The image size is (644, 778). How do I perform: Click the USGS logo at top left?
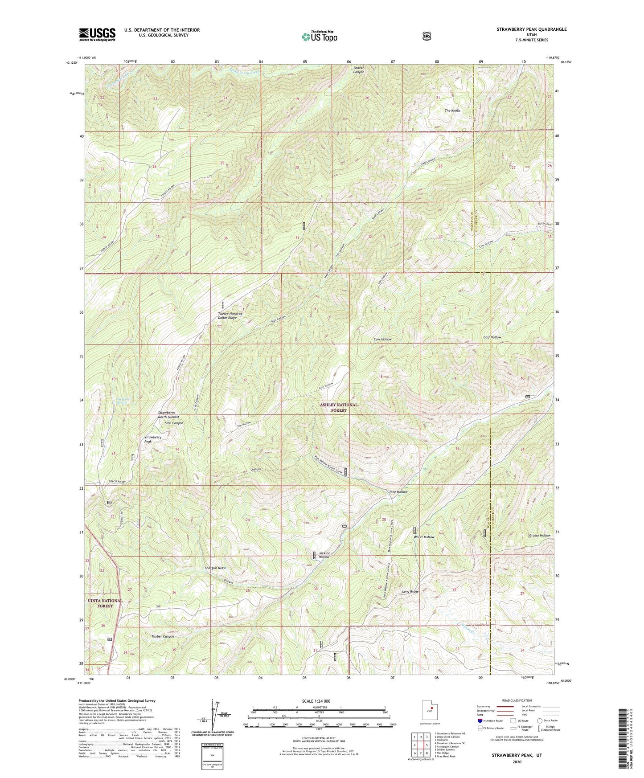97,34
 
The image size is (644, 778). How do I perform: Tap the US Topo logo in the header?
319,37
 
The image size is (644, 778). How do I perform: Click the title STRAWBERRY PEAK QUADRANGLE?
532,29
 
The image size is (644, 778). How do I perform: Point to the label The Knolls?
452,111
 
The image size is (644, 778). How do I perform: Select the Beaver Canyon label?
358,70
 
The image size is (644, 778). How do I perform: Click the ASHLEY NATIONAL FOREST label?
339,407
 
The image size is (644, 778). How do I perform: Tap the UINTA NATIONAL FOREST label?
105,603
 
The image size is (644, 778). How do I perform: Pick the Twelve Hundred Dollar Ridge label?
230,316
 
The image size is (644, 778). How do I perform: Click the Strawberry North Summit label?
168,415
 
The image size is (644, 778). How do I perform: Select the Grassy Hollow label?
539,535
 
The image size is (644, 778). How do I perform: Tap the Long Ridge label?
410,591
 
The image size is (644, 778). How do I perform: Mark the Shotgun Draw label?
215,568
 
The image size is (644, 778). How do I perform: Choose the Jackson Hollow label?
324,555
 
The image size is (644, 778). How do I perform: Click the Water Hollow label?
423,537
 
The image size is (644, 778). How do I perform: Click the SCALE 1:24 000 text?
316,701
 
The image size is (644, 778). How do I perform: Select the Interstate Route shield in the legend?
480,721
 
